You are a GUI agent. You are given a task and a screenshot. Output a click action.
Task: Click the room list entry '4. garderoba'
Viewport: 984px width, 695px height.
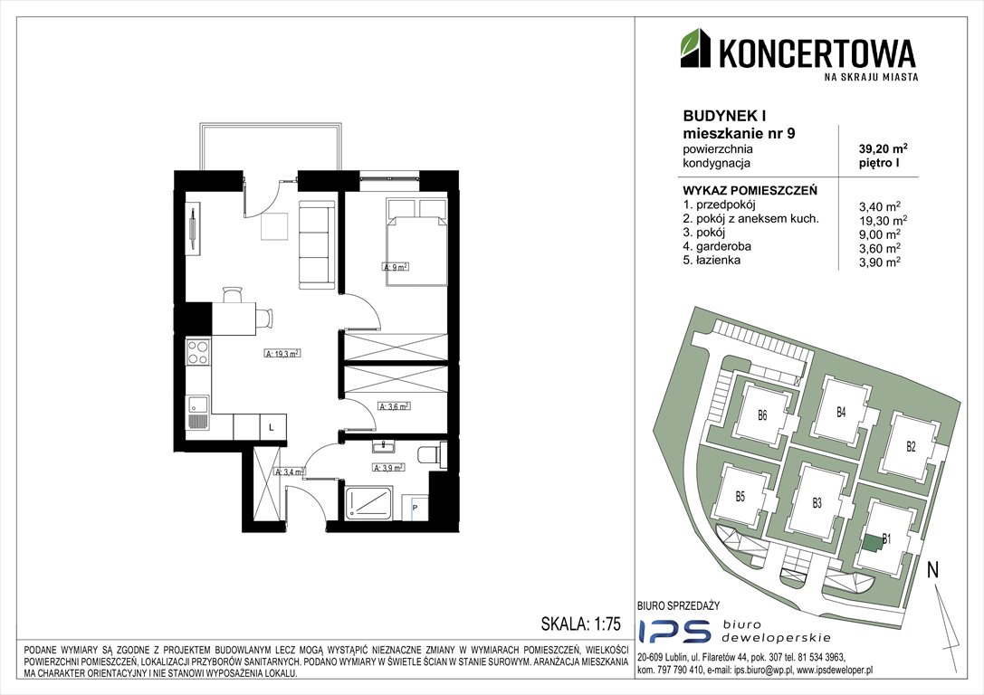tap(718, 246)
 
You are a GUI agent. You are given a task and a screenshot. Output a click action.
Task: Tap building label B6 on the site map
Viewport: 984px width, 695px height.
tap(762, 416)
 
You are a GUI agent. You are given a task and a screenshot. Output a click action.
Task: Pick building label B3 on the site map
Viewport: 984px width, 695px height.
tap(817, 502)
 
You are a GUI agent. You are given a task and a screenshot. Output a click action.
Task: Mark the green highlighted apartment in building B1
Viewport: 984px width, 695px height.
tap(871, 543)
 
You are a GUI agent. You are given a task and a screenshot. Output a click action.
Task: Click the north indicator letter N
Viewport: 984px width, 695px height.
tap(931, 570)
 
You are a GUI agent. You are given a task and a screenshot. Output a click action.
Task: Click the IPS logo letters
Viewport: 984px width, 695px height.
tap(666, 632)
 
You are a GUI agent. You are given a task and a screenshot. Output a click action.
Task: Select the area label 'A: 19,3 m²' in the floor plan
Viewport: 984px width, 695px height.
tap(282, 355)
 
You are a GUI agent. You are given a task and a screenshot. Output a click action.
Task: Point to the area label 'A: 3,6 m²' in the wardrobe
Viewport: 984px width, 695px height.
tap(394, 406)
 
